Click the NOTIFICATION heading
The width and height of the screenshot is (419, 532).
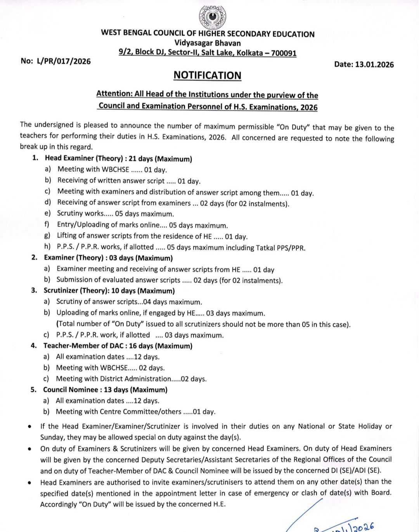[207, 75]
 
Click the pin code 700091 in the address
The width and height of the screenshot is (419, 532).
[284, 53]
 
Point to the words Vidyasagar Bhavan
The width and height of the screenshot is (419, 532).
[207, 43]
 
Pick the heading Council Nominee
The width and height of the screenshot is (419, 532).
[71, 389]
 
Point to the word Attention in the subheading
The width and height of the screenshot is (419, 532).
[114, 94]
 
